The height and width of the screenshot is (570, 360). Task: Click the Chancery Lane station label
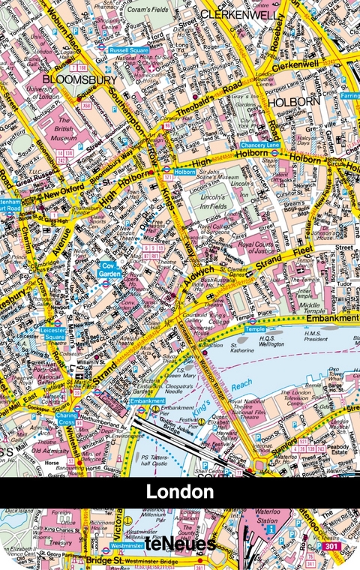pos(259,145)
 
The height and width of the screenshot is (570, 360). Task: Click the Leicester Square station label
pos(54,332)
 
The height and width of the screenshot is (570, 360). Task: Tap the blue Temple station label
pos(255,329)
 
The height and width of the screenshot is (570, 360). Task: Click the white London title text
pos(180,492)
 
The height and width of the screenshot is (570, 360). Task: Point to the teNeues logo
pos(180,544)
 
